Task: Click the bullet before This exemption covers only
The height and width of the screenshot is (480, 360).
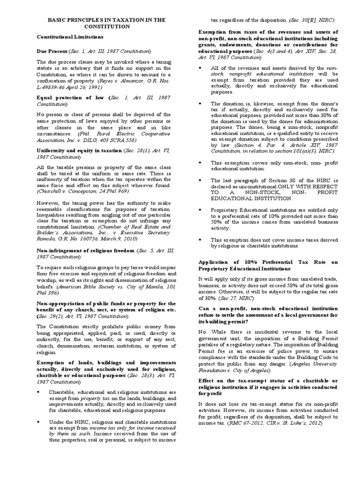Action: point(200,162)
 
